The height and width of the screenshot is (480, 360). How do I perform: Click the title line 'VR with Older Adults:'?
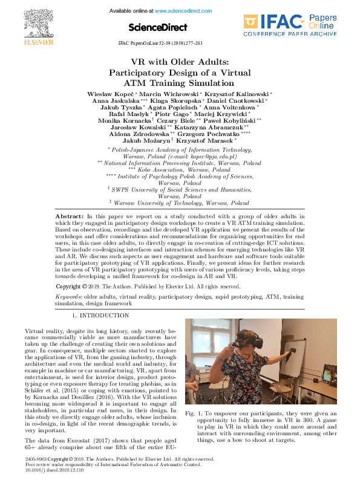180,62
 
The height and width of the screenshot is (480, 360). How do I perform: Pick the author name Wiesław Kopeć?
112,95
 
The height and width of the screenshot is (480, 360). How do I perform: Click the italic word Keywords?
69,297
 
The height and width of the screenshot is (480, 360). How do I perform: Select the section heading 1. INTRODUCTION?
100,316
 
